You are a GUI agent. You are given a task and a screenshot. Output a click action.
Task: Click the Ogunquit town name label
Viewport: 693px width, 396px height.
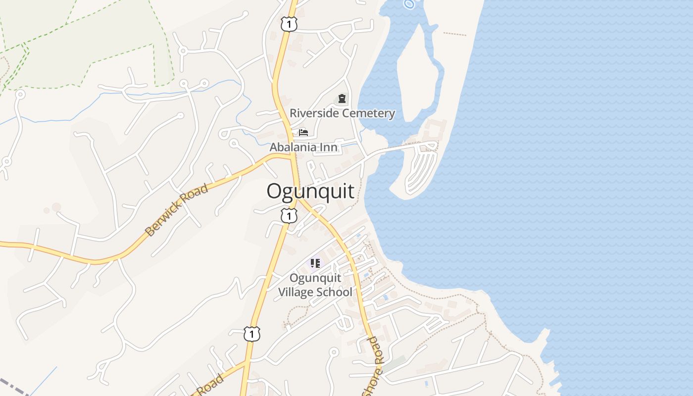click(310, 192)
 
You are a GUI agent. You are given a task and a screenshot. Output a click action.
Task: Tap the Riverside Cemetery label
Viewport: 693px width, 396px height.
click(342, 113)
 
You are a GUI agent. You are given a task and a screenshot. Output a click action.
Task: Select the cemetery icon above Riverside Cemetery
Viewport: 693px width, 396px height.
click(342, 99)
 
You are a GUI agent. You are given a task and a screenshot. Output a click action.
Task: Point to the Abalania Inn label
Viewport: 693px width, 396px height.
click(303, 147)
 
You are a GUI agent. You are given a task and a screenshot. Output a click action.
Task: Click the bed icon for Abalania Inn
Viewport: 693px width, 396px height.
click(303, 133)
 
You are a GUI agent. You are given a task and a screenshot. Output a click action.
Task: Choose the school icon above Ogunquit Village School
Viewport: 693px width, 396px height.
click(315, 263)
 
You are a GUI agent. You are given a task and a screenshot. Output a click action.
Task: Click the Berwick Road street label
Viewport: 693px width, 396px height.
click(177, 210)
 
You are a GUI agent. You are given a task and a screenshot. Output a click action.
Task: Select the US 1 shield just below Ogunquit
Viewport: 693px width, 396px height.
click(289, 216)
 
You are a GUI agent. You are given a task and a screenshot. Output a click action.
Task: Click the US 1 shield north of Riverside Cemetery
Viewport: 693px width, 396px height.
click(289, 24)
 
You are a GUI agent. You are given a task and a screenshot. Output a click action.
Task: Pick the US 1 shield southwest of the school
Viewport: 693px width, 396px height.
click(251, 334)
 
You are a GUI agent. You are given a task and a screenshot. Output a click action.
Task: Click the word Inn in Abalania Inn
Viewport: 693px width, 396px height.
click(329, 147)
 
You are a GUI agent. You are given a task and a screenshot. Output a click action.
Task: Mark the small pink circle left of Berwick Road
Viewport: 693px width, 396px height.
click(56, 207)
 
